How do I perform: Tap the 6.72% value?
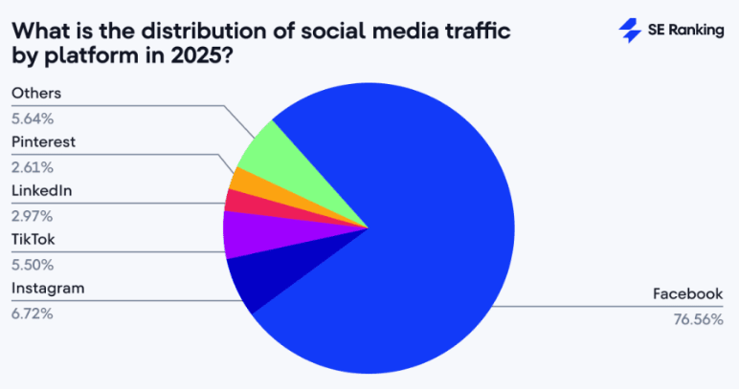pos(33,313)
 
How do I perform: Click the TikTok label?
pos(34,239)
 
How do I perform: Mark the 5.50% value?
pos(33,264)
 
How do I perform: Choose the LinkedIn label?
pos(41,190)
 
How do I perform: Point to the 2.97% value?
pos(32,215)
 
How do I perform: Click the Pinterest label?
pos(43,141)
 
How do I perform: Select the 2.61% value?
pos(32,166)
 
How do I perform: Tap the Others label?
pos(35,93)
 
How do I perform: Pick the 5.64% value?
pos(33,118)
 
